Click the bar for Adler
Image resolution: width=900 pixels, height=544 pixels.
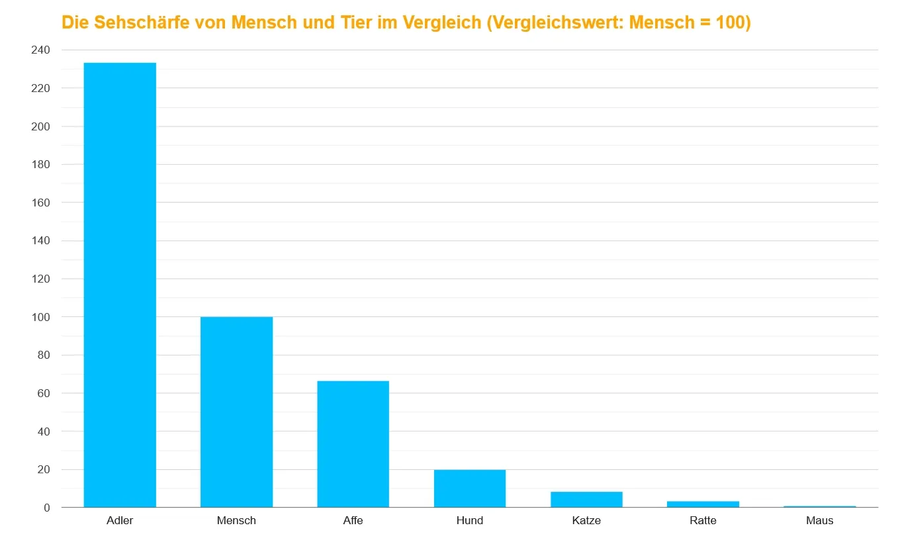coord(120,285)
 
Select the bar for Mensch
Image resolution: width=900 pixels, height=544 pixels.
coord(236,412)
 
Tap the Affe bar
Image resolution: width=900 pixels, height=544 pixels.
coord(353,444)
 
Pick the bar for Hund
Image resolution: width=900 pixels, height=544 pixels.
coord(470,488)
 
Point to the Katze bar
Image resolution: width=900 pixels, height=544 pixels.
coord(586,500)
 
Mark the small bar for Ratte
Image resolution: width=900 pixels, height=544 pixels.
coord(703,504)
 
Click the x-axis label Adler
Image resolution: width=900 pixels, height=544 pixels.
coord(120,520)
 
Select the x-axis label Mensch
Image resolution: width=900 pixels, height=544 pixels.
coord(236,520)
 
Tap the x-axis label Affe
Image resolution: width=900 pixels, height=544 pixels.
coord(353,520)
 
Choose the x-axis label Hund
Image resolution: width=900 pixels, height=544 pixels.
coord(470,520)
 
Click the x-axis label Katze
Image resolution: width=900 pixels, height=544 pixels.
coord(586,520)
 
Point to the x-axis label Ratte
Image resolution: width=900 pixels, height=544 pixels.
coord(703,520)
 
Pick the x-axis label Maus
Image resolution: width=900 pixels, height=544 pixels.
coord(819,520)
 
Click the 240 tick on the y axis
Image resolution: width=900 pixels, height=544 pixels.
coord(41,50)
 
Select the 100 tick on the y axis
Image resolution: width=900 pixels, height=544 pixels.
coord(41,317)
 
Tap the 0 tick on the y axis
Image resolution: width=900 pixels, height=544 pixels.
coord(46,508)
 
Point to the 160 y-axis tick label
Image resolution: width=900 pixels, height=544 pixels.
coord(41,203)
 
